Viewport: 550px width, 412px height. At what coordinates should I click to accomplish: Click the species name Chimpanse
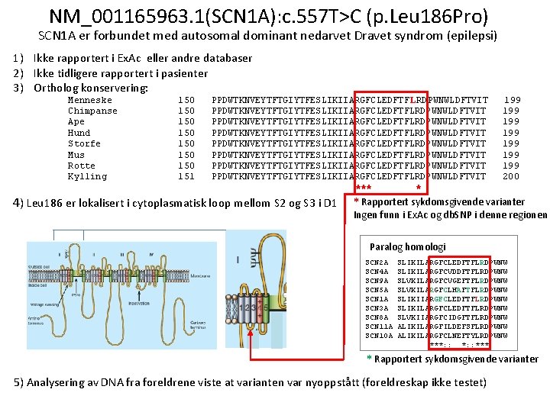coord(92,111)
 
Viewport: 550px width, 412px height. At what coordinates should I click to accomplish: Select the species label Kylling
coord(87,177)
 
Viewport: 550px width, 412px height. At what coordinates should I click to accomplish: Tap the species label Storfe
coord(84,143)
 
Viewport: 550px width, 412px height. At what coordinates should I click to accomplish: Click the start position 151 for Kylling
coord(186,177)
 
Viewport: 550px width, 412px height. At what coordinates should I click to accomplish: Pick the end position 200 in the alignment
coord(511,177)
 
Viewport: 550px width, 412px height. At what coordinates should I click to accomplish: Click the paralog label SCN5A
coord(377,290)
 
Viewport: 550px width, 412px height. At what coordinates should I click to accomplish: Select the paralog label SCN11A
coord(379,327)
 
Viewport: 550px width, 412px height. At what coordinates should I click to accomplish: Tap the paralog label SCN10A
coord(379,336)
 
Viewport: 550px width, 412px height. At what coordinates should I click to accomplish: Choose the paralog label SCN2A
coord(377,262)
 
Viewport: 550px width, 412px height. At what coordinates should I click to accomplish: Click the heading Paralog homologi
coord(407,247)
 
